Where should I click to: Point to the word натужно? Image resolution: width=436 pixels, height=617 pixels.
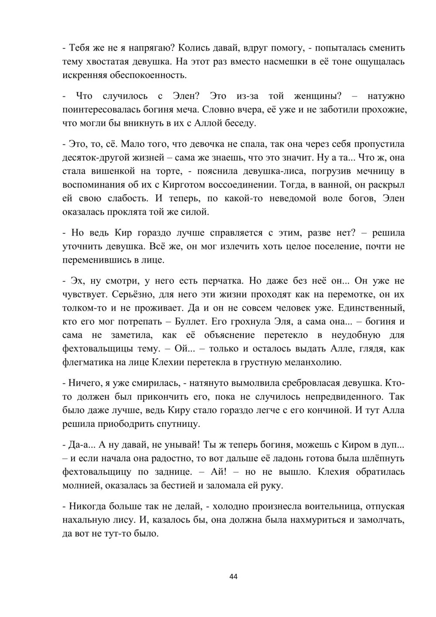(386, 96)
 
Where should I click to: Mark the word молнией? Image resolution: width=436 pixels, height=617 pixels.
(85, 485)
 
